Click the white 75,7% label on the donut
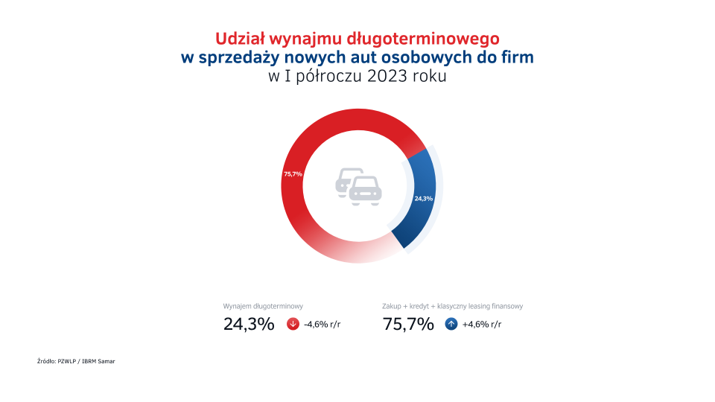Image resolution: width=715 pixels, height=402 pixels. click(292, 173)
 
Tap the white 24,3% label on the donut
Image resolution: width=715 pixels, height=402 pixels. click(423, 198)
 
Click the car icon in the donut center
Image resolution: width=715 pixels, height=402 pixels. click(357, 185)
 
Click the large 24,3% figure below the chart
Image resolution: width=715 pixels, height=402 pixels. click(249, 325)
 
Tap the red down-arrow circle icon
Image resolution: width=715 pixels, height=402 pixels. click(293, 325)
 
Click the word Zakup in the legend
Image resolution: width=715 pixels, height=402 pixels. click(393, 306)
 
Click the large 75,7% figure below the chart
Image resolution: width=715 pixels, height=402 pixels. click(407, 325)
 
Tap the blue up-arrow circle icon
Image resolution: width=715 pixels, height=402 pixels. click(451, 325)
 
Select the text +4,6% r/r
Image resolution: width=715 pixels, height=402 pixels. click(482, 325)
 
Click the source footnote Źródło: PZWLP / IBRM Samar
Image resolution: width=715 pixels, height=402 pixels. click(76, 361)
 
